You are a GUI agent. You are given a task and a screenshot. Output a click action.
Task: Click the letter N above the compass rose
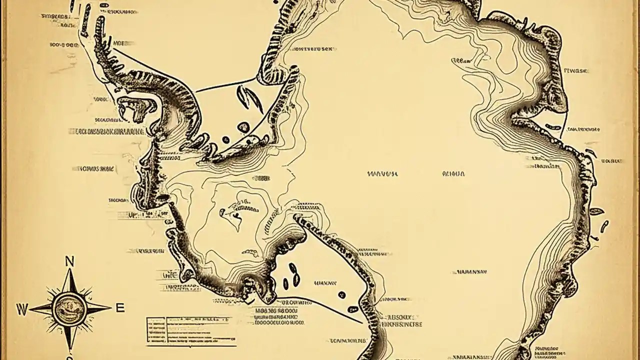click(70, 260)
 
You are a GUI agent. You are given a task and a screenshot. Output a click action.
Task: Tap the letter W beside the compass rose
click(21, 308)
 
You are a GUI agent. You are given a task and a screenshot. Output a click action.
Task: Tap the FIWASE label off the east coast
click(576, 71)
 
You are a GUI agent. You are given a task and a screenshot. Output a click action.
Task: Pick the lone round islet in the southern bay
click(341, 294)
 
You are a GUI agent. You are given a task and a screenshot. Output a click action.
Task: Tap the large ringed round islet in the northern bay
click(243, 127)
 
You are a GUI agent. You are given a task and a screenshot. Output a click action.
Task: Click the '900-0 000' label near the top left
click(64, 44)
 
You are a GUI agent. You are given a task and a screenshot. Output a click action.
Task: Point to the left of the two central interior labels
click(382, 174)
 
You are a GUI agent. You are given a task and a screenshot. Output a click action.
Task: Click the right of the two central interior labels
click(453, 174)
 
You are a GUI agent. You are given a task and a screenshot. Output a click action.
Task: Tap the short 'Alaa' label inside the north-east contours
click(461, 60)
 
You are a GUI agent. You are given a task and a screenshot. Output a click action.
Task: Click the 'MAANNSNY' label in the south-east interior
click(469, 272)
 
